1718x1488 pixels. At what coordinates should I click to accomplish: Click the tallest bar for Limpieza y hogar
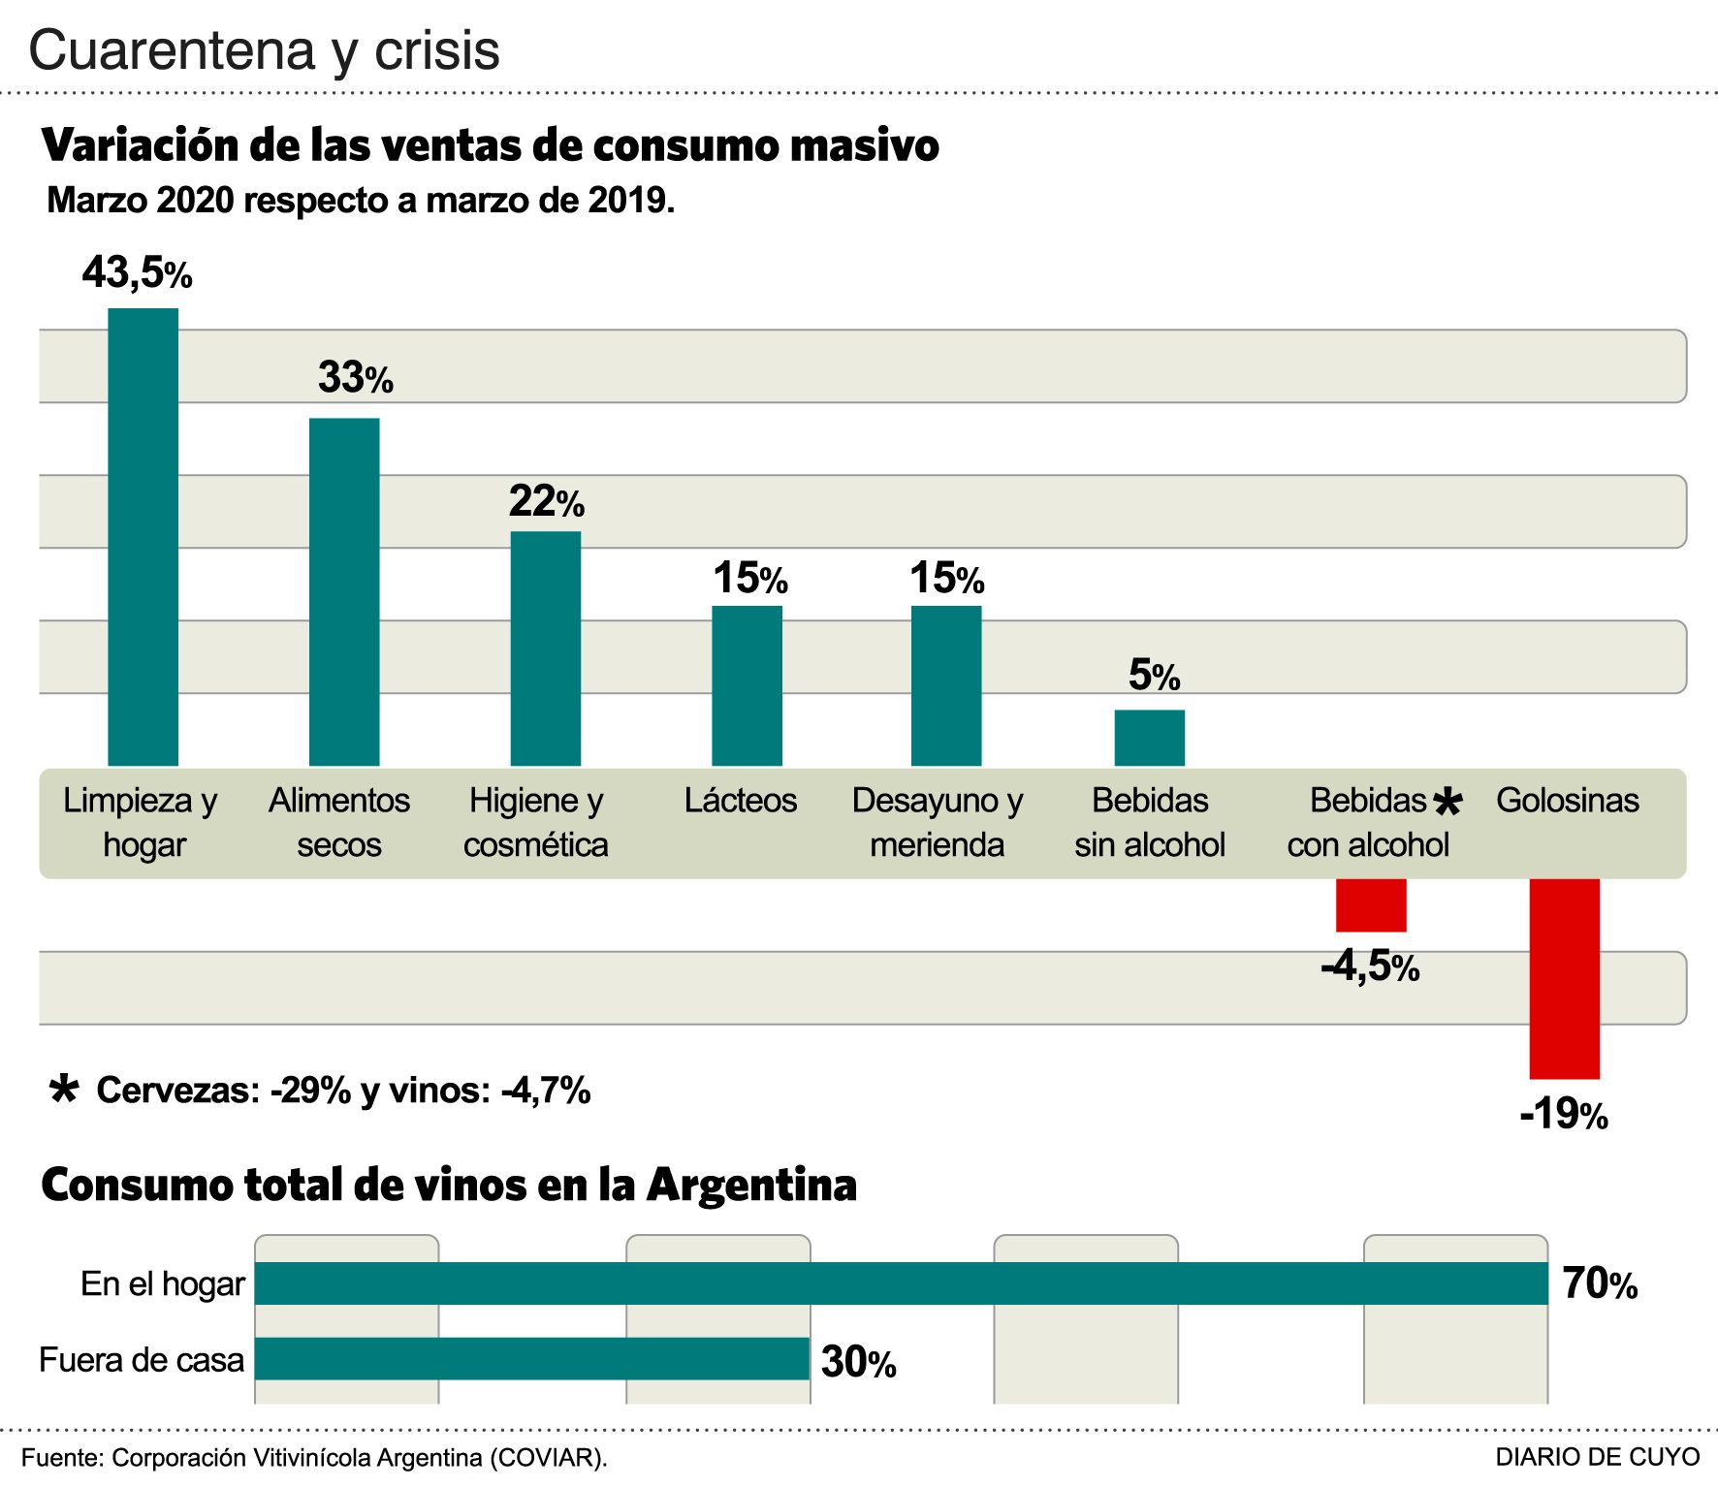click(x=143, y=537)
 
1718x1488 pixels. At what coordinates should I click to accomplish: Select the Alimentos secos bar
click(x=344, y=591)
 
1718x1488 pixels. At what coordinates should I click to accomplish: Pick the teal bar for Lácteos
click(x=747, y=685)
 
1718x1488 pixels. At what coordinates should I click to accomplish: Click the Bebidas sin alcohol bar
click(x=1149, y=738)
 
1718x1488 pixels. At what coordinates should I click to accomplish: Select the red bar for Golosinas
click(x=1564, y=978)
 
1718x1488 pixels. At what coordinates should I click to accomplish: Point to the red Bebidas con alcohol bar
click(x=1371, y=904)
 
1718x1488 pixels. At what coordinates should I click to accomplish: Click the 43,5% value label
click(x=137, y=273)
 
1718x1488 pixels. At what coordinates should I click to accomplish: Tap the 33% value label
click(x=355, y=378)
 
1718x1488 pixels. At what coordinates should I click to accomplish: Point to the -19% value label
click(x=1563, y=1115)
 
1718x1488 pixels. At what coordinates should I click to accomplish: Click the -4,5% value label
click(x=1369, y=966)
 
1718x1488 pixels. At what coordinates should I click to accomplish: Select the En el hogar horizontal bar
click(x=901, y=1283)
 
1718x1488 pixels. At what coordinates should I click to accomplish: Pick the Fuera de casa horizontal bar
click(x=531, y=1359)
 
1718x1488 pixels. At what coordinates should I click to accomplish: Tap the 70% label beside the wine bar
click(x=1599, y=1284)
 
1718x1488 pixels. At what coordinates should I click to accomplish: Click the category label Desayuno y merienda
click(x=937, y=822)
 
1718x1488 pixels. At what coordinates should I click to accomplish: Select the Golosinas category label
click(x=1567, y=801)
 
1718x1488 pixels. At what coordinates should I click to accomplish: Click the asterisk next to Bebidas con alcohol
click(x=1447, y=802)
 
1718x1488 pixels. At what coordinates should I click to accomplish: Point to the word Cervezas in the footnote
click(x=177, y=1091)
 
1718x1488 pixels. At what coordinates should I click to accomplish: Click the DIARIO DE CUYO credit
click(x=1597, y=1457)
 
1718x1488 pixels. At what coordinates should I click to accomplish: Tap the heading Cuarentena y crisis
click(x=264, y=50)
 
